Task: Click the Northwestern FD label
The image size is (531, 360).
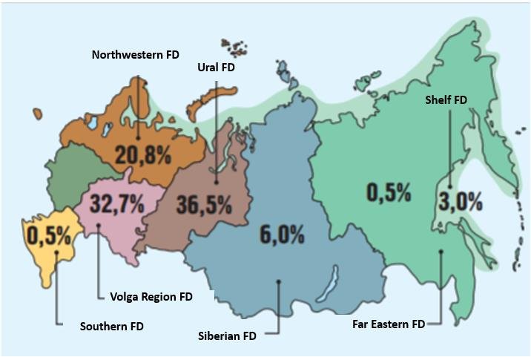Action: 136,55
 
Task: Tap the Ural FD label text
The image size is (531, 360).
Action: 216,67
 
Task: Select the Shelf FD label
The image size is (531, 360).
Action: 446,99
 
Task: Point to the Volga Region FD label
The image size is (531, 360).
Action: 145,297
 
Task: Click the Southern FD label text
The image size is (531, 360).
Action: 111,326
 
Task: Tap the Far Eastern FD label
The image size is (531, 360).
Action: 389,324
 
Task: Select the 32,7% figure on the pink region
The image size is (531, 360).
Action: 116,204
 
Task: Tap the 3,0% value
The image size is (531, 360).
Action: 460,200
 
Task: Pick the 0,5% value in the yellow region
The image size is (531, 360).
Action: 48,236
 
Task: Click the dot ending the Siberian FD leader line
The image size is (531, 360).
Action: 277,281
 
